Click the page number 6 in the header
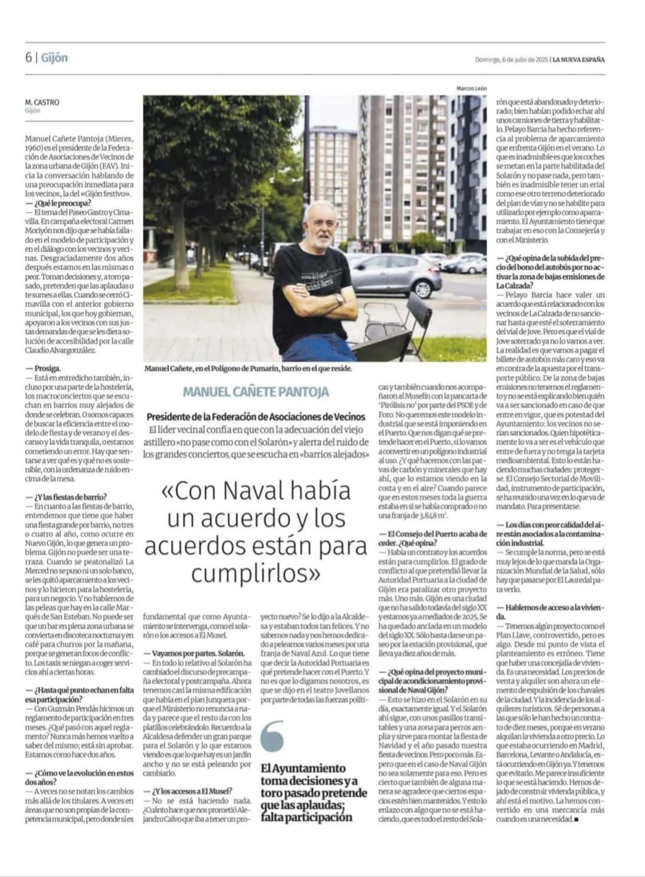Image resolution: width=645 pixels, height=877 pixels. click(28, 58)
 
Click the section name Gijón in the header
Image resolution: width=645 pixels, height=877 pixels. click(54, 58)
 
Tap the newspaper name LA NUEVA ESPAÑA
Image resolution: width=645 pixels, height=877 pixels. click(578, 60)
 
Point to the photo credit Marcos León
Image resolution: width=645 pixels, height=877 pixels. click(471, 88)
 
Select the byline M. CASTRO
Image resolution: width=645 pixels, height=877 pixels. click(42, 102)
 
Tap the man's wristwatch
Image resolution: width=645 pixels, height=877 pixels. click(339, 299)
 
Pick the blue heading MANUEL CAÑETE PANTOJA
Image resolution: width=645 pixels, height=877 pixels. click(256, 392)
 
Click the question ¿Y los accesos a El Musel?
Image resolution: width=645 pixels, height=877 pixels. click(191, 791)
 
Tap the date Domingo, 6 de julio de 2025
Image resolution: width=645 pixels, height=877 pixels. click(511, 60)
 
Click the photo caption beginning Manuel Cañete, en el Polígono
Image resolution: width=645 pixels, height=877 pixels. click(248, 368)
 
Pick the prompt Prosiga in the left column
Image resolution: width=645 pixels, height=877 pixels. click(47, 368)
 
